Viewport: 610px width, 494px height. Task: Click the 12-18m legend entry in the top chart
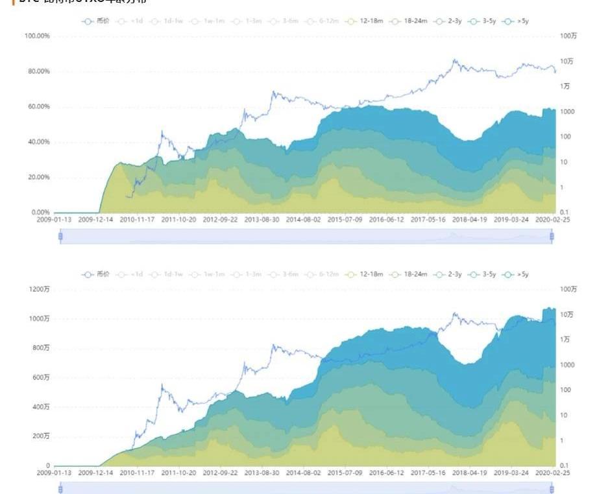[366, 21]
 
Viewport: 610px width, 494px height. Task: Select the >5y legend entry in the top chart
[519, 21]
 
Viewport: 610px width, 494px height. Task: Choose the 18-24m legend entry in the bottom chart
[408, 274]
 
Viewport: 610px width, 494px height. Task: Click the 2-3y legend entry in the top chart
[448, 21]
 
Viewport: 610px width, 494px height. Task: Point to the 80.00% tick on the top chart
[38, 71]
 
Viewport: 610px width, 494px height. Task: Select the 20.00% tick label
[38, 177]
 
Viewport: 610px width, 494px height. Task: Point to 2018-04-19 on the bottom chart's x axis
[470, 473]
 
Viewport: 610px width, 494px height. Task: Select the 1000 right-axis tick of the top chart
[568, 112]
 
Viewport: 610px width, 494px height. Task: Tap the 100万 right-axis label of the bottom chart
[568, 289]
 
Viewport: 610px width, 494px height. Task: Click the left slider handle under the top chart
[60, 237]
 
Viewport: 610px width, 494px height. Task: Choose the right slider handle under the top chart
[552, 237]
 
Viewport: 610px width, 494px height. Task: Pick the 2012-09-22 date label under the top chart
[219, 220]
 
